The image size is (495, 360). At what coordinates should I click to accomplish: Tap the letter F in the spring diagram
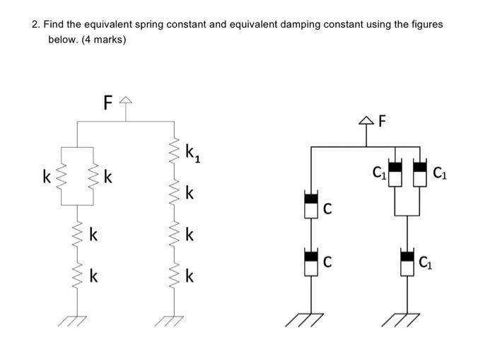click(x=107, y=103)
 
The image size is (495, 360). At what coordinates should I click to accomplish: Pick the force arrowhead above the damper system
click(x=368, y=122)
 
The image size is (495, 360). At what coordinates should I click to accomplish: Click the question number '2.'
click(x=36, y=24)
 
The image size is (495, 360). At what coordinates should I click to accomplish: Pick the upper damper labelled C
click(x=310, y=204)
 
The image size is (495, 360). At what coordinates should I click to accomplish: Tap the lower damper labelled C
click(x=310, y=262)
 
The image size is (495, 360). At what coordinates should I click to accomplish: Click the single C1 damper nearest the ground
click(x=407, y=262)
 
